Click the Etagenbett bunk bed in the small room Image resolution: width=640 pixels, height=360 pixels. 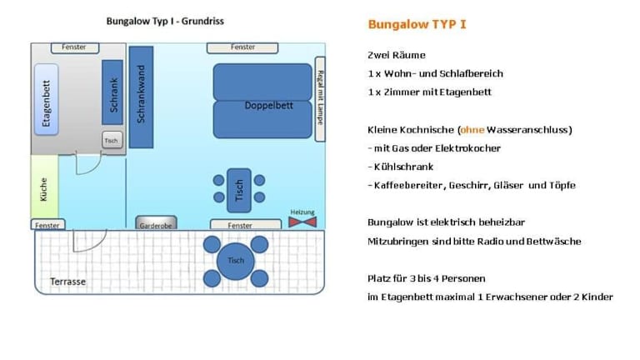46,100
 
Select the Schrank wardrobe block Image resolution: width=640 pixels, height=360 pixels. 112,92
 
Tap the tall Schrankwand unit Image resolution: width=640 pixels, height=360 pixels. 141,97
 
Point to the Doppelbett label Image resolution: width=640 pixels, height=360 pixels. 268,105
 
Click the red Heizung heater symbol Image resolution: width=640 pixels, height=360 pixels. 302,222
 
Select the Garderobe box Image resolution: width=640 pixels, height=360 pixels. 157,222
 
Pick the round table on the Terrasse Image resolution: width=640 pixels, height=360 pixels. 236,261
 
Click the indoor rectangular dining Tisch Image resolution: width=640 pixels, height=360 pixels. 239,190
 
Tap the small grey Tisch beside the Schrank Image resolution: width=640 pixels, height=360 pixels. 112,140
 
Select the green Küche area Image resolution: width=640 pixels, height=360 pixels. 44,187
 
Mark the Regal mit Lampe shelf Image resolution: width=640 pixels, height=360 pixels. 320,99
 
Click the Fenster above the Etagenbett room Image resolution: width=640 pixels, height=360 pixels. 75,47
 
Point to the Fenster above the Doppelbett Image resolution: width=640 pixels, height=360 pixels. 242,47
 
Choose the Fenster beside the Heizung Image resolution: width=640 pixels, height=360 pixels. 246,224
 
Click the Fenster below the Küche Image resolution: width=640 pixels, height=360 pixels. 47,224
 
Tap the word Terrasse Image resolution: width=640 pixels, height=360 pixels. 67,282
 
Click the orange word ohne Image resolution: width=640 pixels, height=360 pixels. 472,130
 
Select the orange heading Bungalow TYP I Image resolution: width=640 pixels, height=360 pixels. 417,24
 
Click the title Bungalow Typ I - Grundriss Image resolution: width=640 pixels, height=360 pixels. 165,21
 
